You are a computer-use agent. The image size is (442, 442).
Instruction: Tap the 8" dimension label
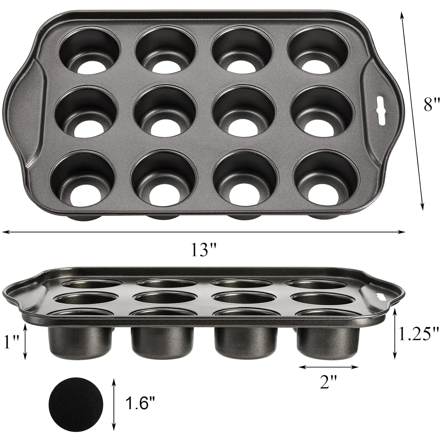pos(432,105)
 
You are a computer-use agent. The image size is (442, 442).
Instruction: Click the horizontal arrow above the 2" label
pos(328,367)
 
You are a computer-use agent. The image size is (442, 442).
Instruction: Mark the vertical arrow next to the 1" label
pos(26,342)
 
